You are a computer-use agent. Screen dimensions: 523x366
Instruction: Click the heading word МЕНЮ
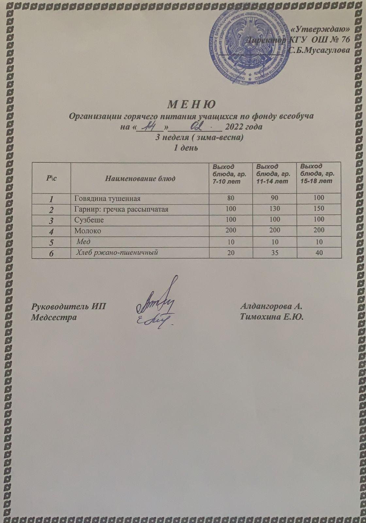pos(191,105)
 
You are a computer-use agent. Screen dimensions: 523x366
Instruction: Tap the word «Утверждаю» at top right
pos(321,29)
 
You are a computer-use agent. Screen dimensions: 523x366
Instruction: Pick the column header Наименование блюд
pos(140,178)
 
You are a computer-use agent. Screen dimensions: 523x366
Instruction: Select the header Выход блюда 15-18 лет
pos(317,174)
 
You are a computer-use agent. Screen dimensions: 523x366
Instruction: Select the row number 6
pos(51,253)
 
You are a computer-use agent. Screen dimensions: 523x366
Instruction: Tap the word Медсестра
pos(54,317)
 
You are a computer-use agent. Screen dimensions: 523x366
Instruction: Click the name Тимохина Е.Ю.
pos(272,317)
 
